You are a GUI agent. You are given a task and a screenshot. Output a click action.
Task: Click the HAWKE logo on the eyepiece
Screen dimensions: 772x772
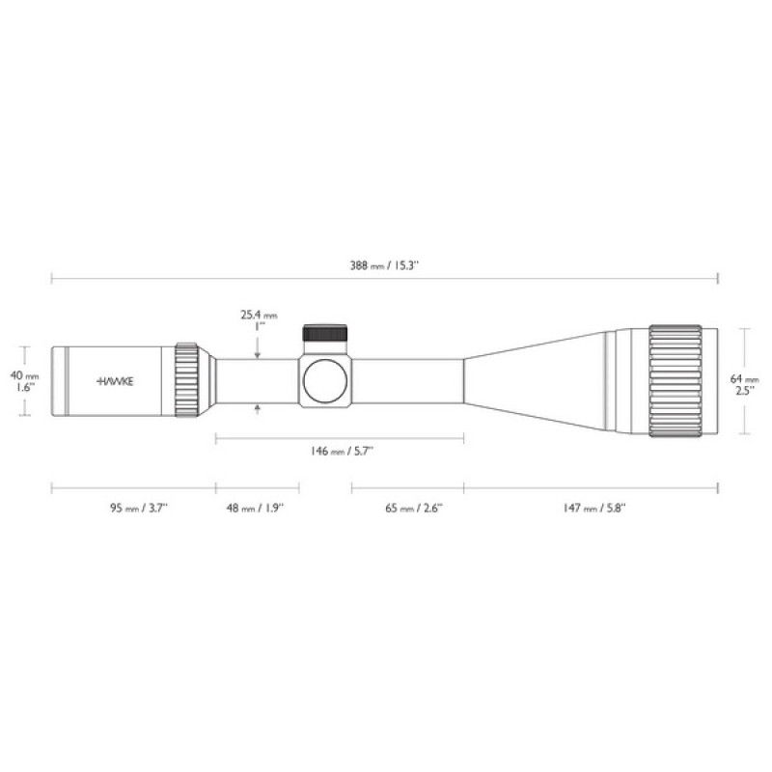(115, 381)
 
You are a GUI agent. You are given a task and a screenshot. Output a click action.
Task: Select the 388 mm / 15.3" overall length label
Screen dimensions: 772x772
(384, 266)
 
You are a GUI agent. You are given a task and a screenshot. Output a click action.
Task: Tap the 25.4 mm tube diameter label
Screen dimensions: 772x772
(259, 315)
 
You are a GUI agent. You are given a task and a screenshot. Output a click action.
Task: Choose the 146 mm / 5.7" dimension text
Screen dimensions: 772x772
(342, 451)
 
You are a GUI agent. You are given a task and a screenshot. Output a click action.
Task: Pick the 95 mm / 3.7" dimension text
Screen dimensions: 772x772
(139, 509)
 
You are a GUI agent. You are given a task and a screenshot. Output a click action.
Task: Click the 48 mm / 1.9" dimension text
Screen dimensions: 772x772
(256, 509)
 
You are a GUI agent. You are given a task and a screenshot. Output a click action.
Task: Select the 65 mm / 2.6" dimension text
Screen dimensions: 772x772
(414, 509)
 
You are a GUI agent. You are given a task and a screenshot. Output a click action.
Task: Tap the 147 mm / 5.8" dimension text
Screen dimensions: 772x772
(594, 509)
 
